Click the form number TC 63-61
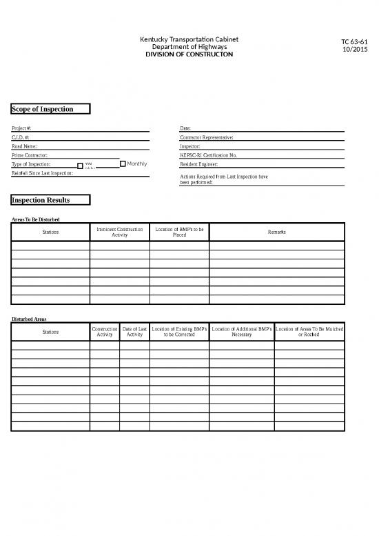(x=354, y=43)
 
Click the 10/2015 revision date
(x=354, y=50)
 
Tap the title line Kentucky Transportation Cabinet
(x=189, y=39)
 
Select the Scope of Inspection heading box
(x=51, y=109)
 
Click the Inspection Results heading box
(x=50, y=200)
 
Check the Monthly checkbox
(x=123, y=164)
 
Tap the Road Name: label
(x=25, y=147)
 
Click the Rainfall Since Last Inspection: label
(x=42, y=172)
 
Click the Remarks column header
(x=276, y=232)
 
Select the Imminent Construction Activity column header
(x=119, y=232)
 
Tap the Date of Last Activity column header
(x=134, y=332)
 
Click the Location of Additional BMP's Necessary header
(x=242, y=332)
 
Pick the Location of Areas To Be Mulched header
(x=309, y=332)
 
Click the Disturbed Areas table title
(x=29, y=319)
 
